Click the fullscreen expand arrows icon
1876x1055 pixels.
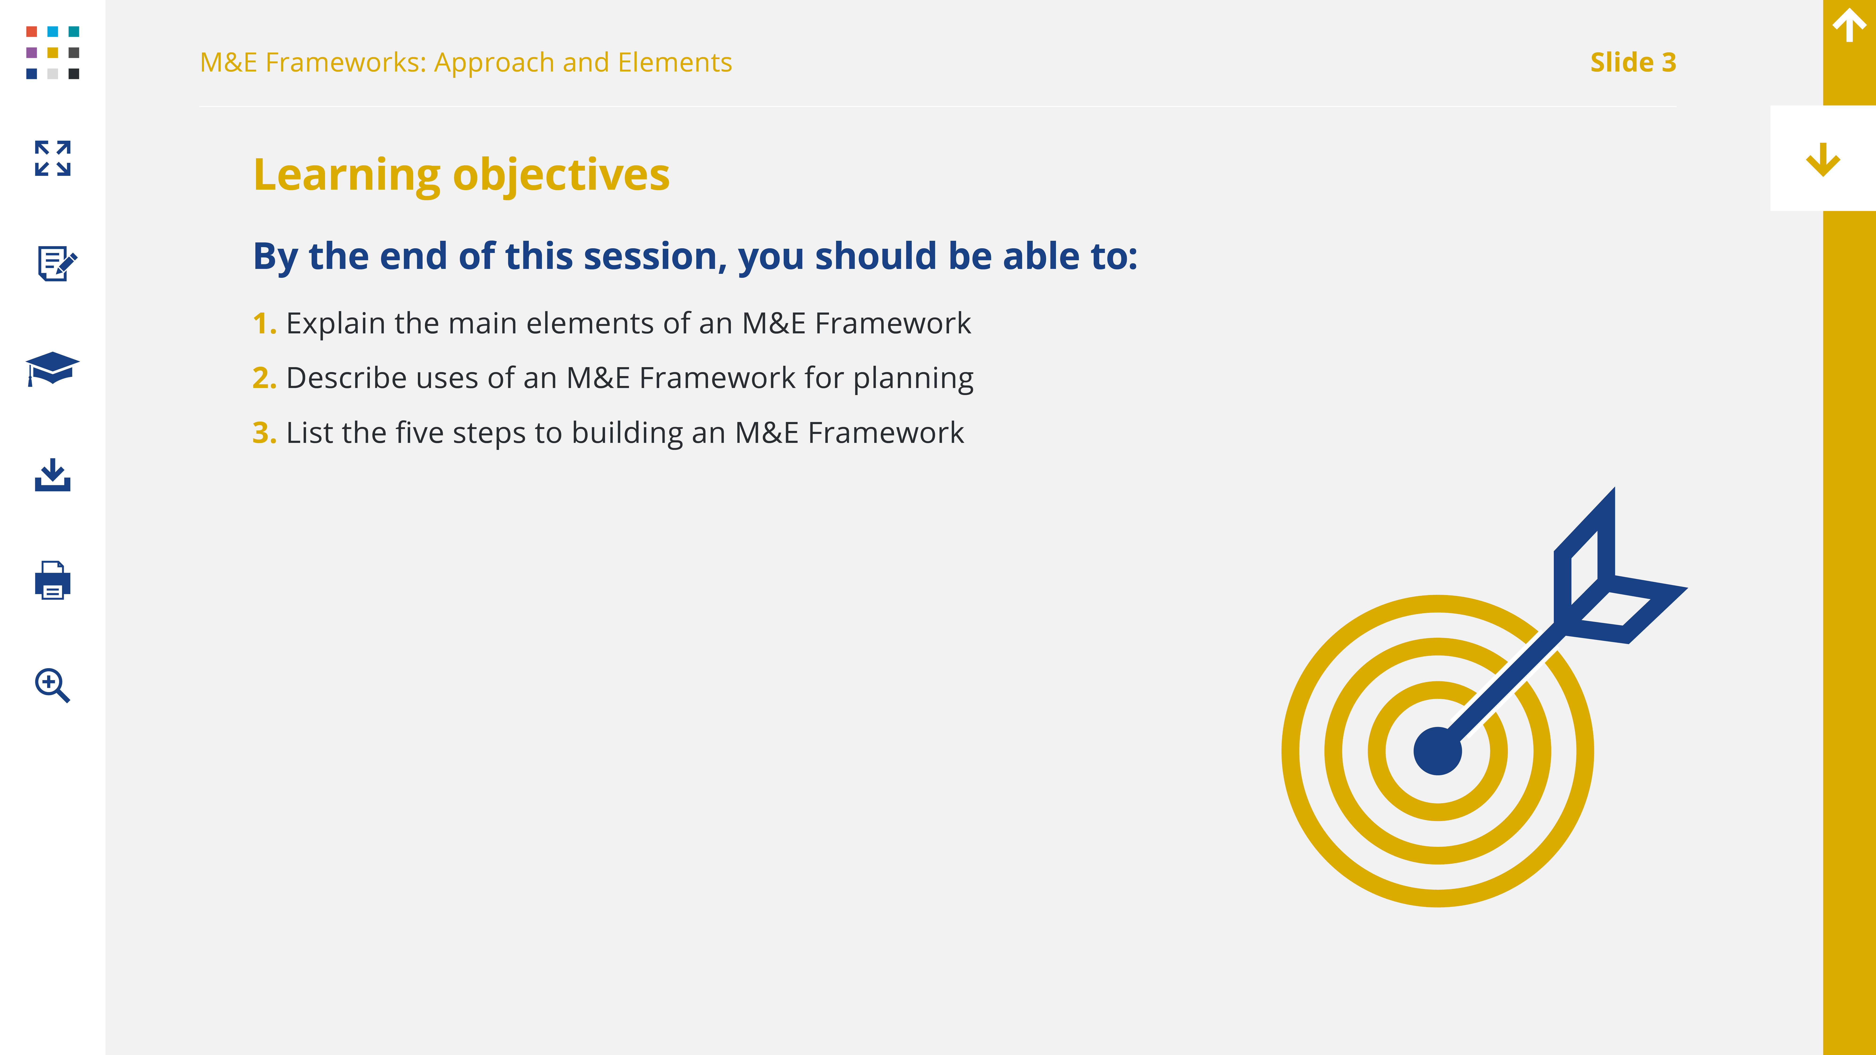coord(53,158)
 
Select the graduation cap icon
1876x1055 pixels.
coord(53,368)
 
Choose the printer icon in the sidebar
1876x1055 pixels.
coord(53,580)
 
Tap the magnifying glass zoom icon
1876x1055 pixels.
coord(53,685)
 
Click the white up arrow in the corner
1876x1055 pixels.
coord(1849,26)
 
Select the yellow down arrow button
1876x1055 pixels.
coord(1823,159)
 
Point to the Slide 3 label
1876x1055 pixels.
coord(1633,63)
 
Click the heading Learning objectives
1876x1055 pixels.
coord(461,175)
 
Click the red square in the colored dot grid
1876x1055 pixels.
coord(31,31)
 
